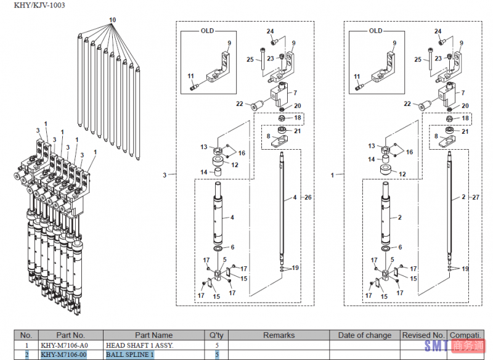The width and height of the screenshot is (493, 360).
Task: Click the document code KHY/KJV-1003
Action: (36, 6)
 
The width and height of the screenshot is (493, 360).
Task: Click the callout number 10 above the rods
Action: (112, 20)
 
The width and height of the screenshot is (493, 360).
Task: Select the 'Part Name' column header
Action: (154, 335)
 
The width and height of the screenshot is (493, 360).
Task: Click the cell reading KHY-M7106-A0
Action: (64, 345)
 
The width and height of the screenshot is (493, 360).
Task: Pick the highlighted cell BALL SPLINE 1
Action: (129, 354)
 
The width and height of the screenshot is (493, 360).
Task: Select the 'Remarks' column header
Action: (279, 335)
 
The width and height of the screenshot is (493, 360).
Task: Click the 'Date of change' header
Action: (365, 335)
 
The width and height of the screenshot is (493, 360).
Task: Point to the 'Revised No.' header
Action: (423, 335)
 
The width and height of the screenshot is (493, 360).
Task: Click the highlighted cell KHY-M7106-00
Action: (64, 354)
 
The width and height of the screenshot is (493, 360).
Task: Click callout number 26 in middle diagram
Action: (308, 197)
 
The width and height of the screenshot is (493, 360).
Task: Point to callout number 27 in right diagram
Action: (475, 197)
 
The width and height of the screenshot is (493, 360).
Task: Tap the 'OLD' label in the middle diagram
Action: (207, 31)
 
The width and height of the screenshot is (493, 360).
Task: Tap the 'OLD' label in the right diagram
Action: (375, 31)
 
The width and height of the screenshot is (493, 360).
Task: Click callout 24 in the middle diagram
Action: (270, 31)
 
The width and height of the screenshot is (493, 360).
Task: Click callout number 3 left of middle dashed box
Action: (165, 176)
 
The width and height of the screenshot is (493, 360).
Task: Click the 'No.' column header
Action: (26, 335)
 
